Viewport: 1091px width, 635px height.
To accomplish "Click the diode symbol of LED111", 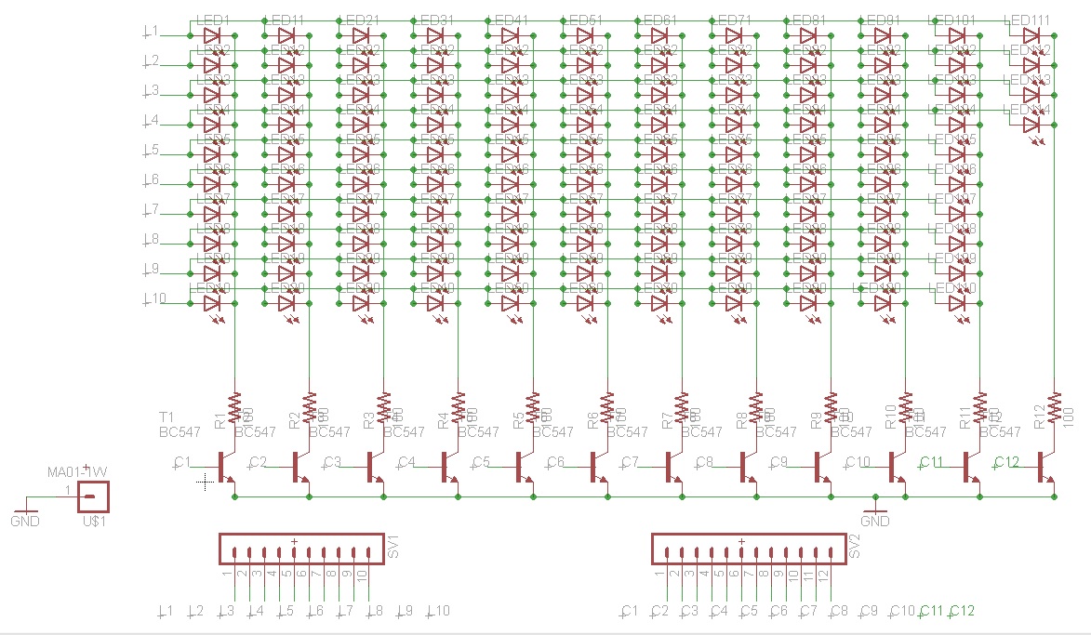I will (x=1030, y=35).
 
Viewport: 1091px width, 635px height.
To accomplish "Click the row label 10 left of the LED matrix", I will (x=153, y=298).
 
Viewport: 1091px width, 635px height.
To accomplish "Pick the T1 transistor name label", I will (x=166, y=416).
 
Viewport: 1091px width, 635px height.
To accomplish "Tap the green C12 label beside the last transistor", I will (x=1006, y=462).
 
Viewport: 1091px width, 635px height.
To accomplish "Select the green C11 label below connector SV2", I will (x=931, y=611).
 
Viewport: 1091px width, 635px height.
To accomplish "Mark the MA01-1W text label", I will (x=78, y=471).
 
